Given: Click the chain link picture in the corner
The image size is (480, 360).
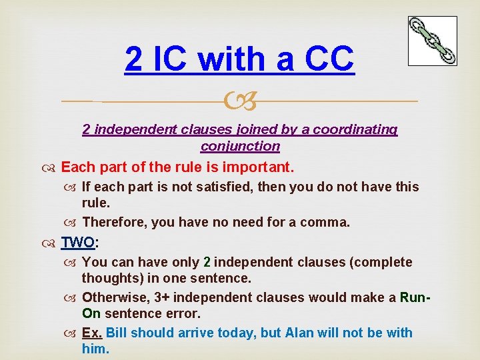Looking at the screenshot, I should [x=432, y=41].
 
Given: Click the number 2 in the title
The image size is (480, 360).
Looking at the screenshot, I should [x=133, y=59].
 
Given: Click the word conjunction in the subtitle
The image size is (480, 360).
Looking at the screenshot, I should [x=240, y=146].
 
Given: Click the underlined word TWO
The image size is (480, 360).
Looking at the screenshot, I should [x=77, y=242].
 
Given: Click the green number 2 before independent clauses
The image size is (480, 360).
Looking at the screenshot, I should [x=207, y=262].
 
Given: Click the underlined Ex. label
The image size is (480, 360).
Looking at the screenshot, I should [x=92, y=332].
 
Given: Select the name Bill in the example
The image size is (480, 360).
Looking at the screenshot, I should [x=117, y=332].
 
